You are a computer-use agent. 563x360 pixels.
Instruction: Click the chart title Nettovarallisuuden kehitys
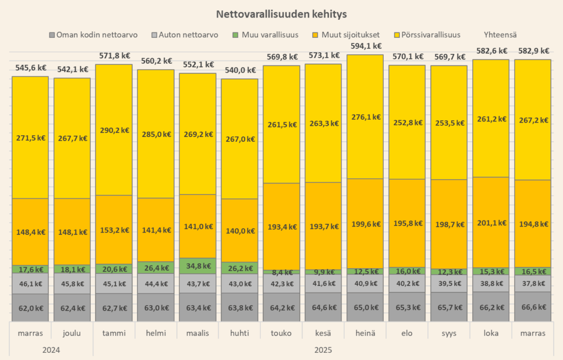tap(281, 13)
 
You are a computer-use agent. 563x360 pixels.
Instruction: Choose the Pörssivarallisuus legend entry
tap(427, 35)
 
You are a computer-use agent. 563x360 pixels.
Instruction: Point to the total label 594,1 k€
tap(365, 46)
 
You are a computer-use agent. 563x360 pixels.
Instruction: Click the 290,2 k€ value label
tap(113, 130)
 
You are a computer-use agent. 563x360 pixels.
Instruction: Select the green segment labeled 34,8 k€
tap(197, 266)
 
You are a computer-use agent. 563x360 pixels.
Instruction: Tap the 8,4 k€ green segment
tap(281, 272)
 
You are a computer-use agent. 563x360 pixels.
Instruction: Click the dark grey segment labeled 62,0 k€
tap(30, 308)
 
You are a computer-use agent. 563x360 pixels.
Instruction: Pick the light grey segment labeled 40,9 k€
tap(365, 284)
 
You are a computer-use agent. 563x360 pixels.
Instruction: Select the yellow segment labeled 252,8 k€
tap(407, 121)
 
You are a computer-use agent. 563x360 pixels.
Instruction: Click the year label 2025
tap(323, 350)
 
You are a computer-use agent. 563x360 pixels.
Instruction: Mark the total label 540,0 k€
tap(239, 70)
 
